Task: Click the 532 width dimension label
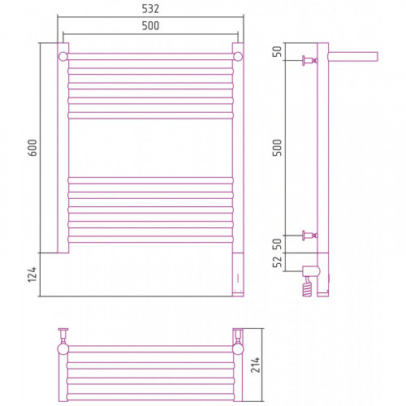[150, 9]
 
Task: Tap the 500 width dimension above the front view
[150, 26]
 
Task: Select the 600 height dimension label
[32, 148]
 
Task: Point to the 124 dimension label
[32, 274]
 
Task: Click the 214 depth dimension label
[255, 365]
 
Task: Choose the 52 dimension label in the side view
[277, 261]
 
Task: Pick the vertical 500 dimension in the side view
[277, 148]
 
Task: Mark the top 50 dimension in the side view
[277, 51]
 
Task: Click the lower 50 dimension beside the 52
[277, 244]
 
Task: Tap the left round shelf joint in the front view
[63, 57]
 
